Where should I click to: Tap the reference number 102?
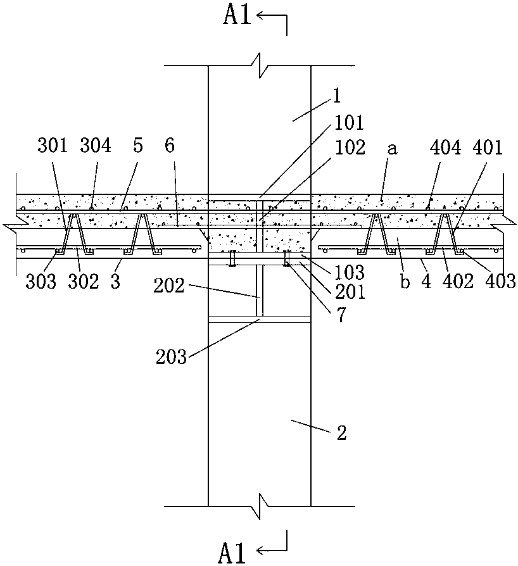(x=350, y=148)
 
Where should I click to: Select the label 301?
(x=53, y=147)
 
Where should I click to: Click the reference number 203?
(x=171, y=357)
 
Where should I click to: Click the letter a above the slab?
(x=392, y=148)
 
